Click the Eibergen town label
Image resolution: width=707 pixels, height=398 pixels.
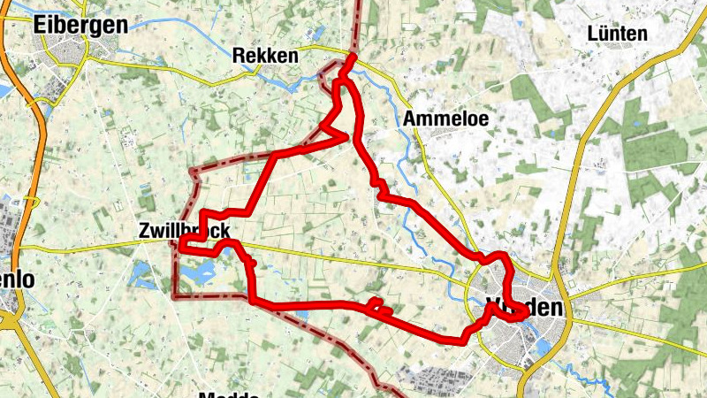click(x=79, y=25)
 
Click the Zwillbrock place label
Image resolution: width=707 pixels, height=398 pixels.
click(x=184, y=231)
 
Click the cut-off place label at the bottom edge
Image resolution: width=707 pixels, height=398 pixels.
click(x=228, y=394)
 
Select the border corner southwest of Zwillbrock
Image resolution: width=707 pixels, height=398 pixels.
click(x=174, y=293)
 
